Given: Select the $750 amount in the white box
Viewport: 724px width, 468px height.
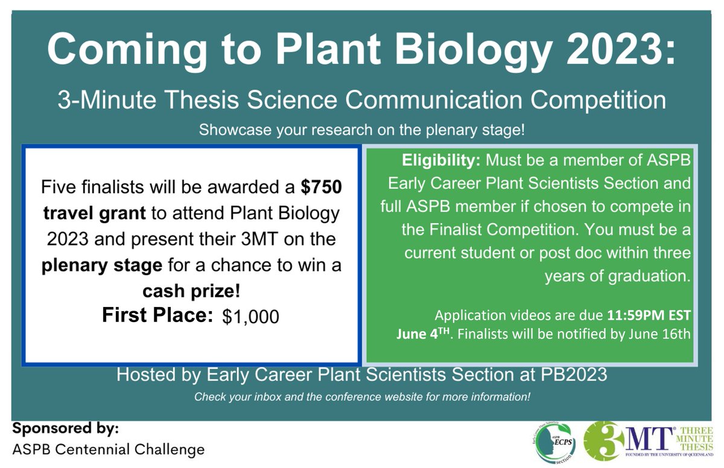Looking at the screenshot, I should (322, 188).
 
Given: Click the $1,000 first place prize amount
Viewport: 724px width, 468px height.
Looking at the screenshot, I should (250, 317).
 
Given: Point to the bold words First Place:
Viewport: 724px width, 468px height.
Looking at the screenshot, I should (157, 315).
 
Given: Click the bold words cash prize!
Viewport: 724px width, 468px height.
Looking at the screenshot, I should (191, 292).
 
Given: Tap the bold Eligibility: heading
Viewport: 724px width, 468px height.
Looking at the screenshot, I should (441, 162).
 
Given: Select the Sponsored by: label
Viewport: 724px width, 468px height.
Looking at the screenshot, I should (66, 429).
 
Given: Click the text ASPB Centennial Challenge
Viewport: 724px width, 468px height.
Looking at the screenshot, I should (109, 449).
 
